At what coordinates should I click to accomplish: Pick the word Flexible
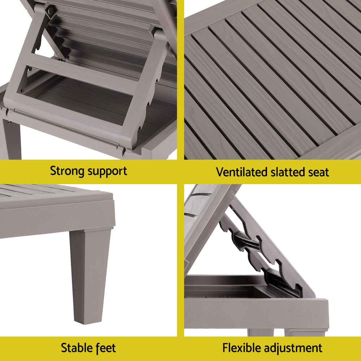click(242, 348)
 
